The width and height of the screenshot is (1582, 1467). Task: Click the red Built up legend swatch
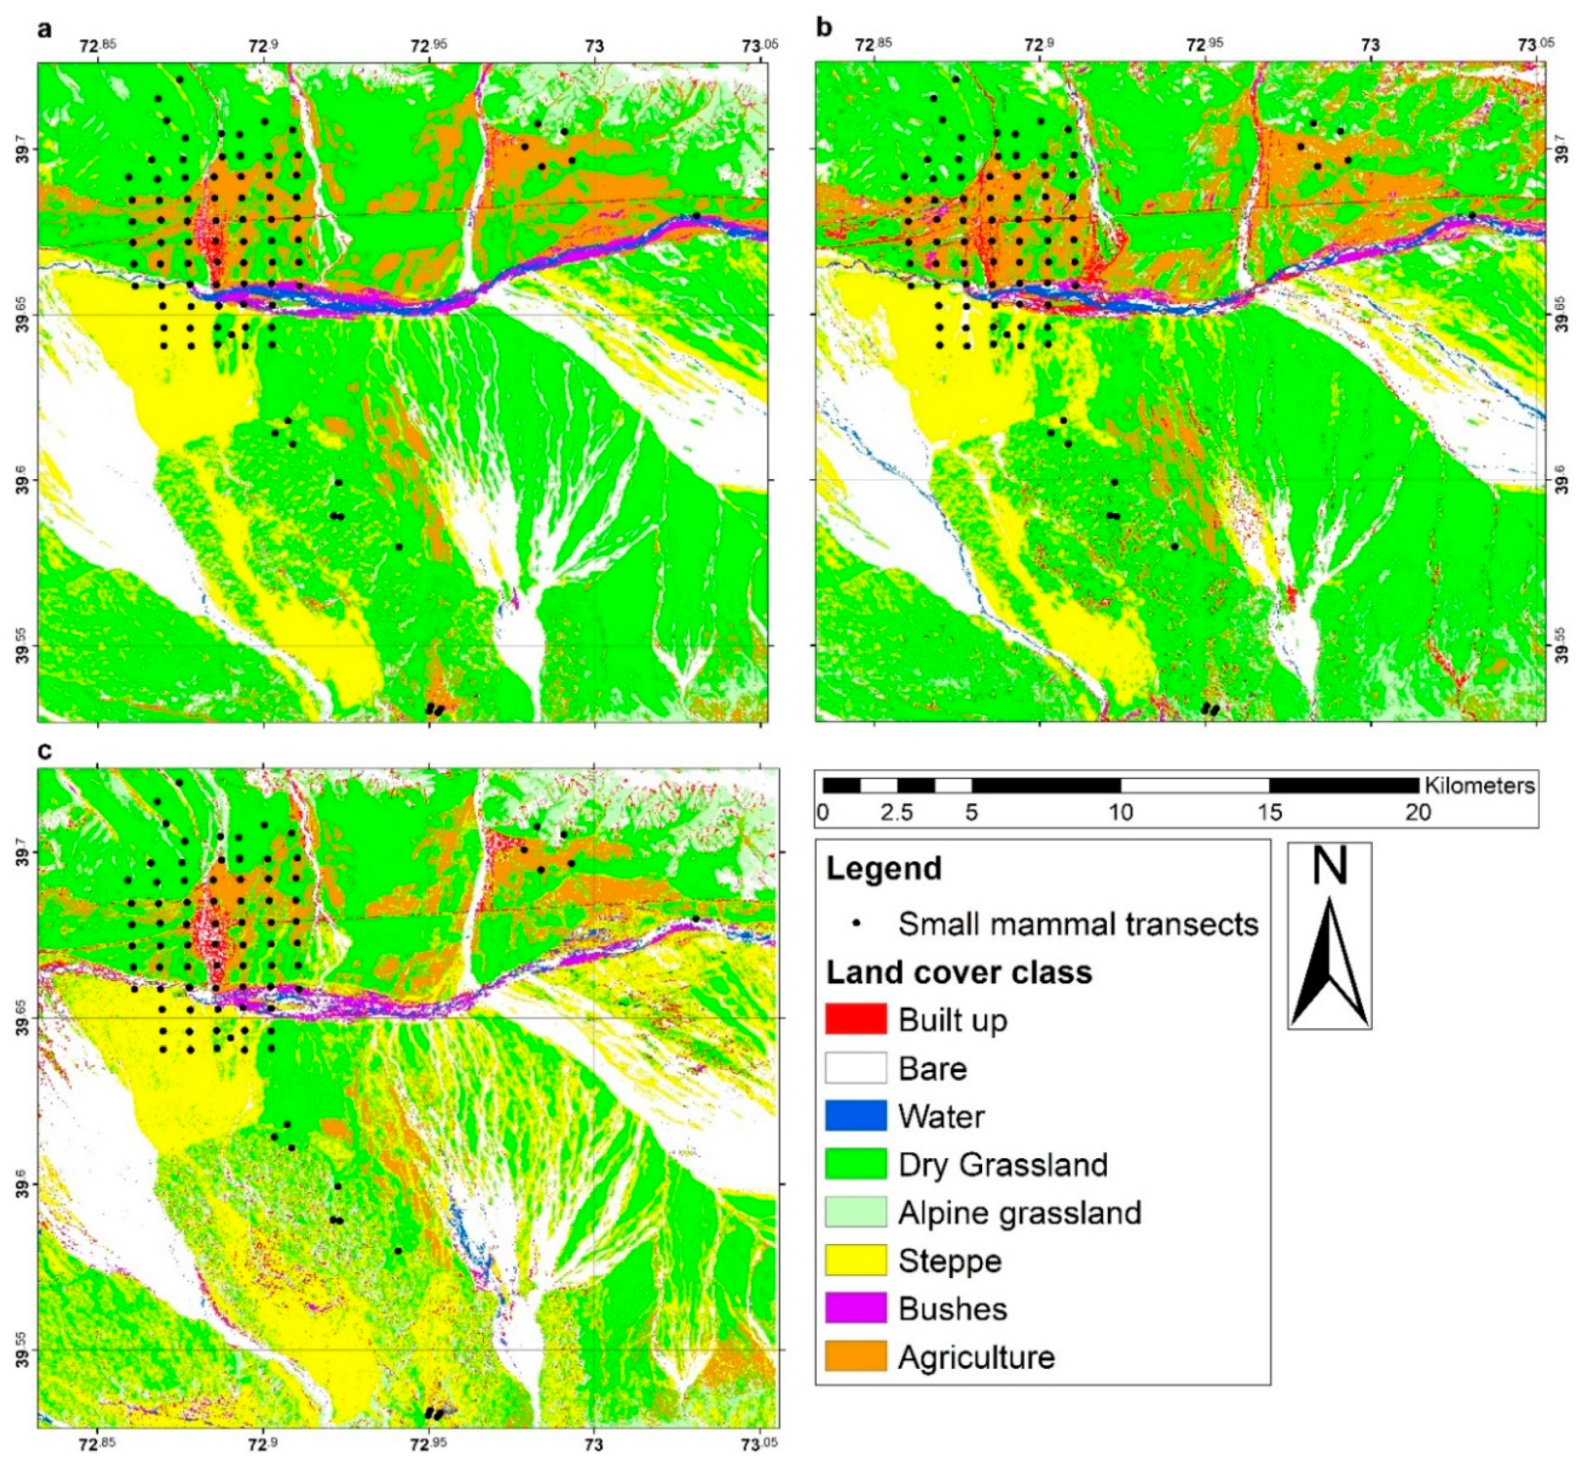[855, 1019]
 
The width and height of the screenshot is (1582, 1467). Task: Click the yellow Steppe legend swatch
[855, 1260]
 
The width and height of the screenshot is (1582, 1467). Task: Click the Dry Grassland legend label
[1002, 1164]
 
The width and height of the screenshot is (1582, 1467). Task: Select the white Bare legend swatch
[855, 1068]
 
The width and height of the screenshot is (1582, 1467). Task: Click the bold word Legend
[883, 868]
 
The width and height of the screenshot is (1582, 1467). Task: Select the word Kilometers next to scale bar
[1479, 785]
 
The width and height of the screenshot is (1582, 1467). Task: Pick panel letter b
[824, 28]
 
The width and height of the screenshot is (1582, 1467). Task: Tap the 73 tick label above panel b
[1371, 45]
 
